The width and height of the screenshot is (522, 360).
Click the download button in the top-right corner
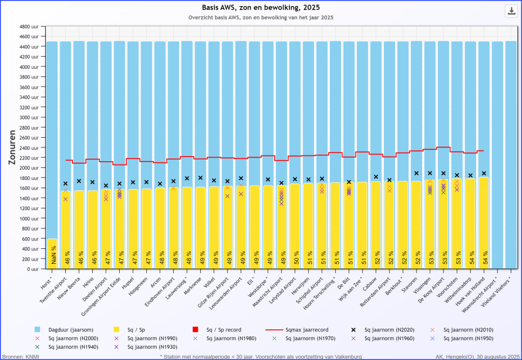511,11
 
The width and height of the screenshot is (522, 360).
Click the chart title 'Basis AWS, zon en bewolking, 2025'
260,7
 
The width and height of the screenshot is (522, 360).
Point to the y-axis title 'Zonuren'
14,148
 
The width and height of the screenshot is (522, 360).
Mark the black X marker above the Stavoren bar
416,173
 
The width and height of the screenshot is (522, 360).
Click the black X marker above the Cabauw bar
376,177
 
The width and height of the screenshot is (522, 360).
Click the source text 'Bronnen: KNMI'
20,356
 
